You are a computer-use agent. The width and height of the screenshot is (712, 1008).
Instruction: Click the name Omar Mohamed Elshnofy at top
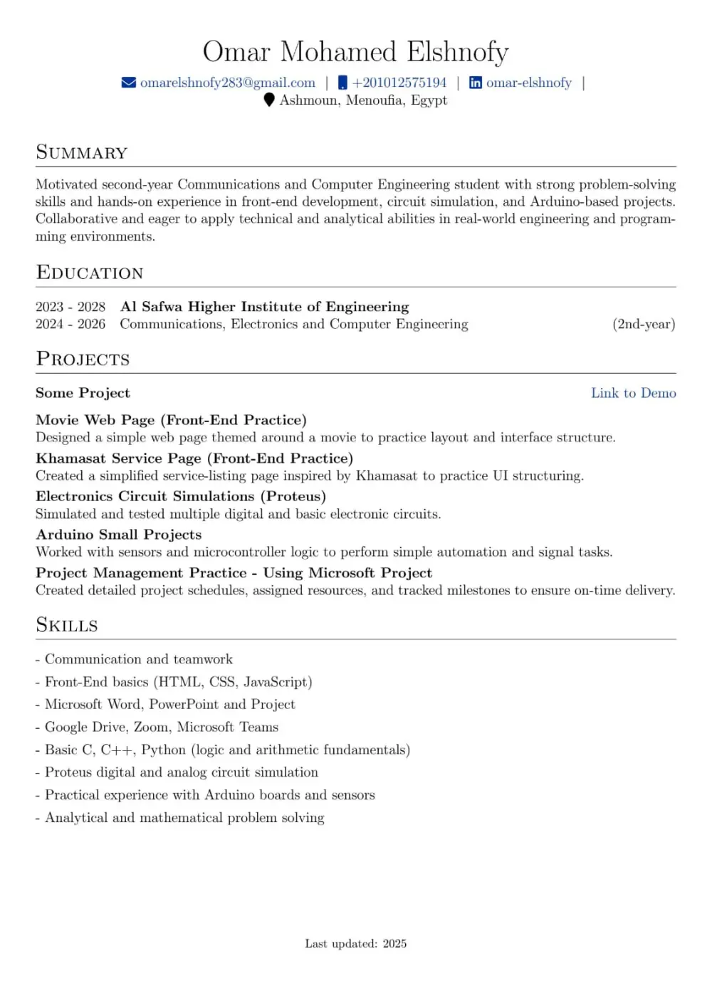click(x=355, y=52)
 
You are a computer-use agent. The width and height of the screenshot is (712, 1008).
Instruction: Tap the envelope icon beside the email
click(x=129, y=83)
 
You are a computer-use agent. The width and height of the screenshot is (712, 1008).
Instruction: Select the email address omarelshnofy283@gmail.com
click(x=227, y=83)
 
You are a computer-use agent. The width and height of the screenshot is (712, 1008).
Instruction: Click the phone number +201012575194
click(x=399, y=83)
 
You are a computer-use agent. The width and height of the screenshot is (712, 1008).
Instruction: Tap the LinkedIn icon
click(x=476, y=83)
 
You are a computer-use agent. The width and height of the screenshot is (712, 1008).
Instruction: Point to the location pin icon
click(x=269, y=100)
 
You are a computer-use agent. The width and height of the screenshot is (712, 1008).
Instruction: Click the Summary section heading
click(x=82, y=152)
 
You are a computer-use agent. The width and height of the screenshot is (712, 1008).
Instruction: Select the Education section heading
click(x=90, y=273)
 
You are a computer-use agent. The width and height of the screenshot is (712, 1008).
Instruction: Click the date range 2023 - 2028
click(x=70, y=307)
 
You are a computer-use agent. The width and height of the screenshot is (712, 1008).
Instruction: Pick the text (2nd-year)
click(x=644, y=325)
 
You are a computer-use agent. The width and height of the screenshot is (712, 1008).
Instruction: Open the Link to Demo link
click(x=633, y=393)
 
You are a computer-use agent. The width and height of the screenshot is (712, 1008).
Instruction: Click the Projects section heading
click(x=83, y=359)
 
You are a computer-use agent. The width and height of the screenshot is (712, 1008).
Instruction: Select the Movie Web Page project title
click(x=171, y=420)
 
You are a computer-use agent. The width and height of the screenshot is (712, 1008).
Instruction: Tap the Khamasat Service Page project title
click(x=194, y=458)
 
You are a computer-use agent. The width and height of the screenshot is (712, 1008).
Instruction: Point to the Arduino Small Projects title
click(x=118, y=535)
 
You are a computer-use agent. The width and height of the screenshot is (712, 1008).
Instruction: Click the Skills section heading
click(x=67, y=625)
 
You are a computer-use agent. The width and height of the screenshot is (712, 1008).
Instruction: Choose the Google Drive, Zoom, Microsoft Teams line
click(x=161, y=727)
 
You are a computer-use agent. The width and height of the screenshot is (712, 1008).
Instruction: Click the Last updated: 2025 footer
click(x=355, y=944)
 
